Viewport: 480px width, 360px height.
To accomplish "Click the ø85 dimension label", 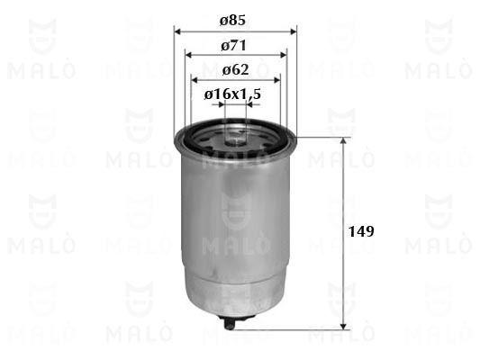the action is (x=233, y=21).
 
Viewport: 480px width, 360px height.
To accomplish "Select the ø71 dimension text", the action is (x=233, y=46).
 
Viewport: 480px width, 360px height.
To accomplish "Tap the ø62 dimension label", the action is (x=235, y=70).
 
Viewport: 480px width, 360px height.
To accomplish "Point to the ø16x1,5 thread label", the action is (x=232, y=94).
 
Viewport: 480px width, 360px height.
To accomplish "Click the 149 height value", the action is (x=361, y=231).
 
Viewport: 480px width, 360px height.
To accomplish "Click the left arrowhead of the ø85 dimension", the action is (x=178, y=31).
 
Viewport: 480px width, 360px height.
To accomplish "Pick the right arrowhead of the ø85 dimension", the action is (x=293, y=31).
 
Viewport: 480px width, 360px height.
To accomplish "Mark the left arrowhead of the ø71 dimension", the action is (x=189, y=56).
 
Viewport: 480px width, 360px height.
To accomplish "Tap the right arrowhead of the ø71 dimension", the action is (x=283, y=56).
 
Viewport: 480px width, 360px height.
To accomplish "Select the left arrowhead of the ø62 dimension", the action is (x=195, y=80).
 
